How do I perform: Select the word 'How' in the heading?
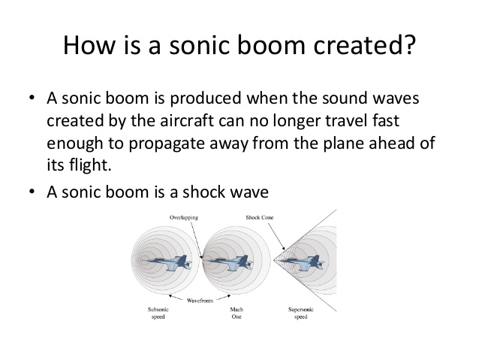tap(89, 44)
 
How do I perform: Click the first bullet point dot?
tap(32, 98)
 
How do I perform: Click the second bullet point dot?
tap(32, 192)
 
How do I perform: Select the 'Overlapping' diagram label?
tap(184, 217)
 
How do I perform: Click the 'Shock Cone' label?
tap(260, 217)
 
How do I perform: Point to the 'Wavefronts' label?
tap(200, 301)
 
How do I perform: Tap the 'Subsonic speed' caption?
tap(158, 313)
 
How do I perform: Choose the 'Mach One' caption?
tap(236, 313)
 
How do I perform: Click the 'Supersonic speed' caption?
tap(301, 313)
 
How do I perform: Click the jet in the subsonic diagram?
tap(170, 263)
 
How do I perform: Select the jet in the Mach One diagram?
tap(231, 263)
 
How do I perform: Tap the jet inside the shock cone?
tap(302, 263)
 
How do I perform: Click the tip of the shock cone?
tap(273, 260)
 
